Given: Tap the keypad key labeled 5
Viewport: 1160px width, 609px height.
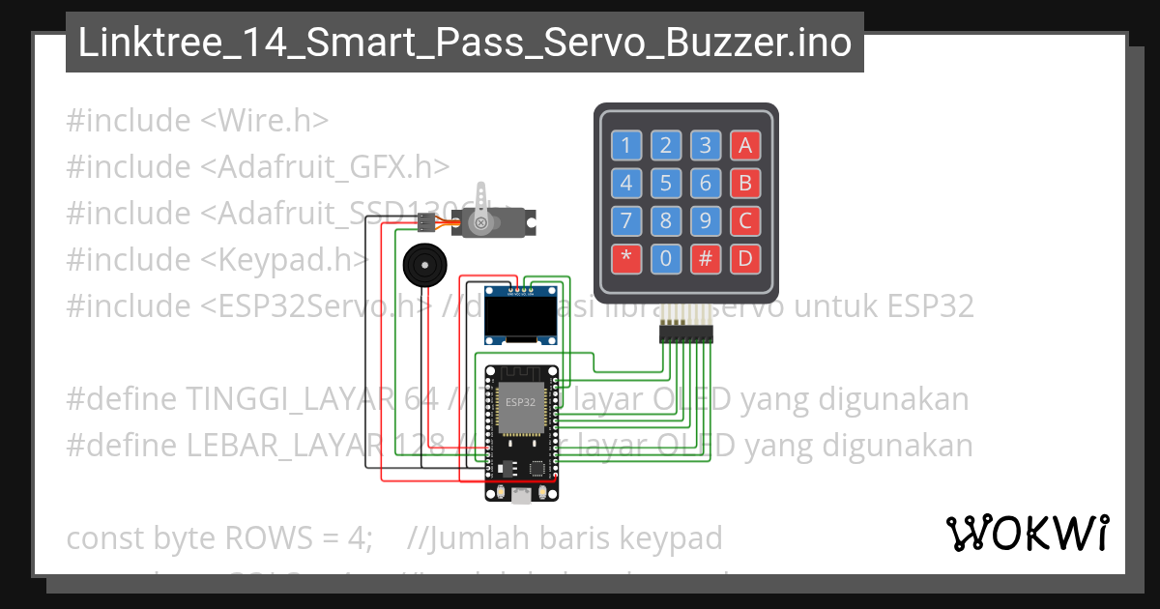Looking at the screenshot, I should [665, 183].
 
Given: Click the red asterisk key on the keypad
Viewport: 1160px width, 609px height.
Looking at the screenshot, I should [625, 259].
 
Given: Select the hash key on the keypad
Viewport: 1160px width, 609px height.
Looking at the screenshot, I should [706, 259].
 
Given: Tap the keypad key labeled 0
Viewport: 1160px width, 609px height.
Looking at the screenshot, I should [665, 259].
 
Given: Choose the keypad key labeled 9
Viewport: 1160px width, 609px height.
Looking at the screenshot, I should [706, 220].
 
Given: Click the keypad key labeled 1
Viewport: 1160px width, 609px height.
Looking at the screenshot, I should [625, 145].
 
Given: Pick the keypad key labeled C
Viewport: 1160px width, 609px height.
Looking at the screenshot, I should [744, 220].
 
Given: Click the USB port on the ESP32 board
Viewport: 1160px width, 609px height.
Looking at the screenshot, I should [522, 496].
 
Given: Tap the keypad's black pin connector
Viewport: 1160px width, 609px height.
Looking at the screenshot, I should [685, 333].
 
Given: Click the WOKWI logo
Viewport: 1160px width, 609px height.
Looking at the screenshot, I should [1027, 533].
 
